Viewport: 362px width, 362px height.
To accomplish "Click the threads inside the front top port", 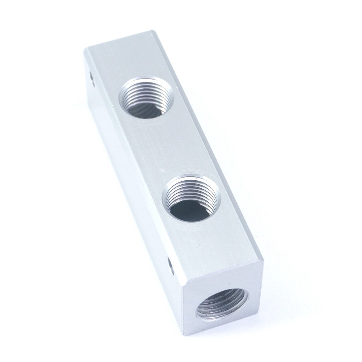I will coord(181,192).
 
